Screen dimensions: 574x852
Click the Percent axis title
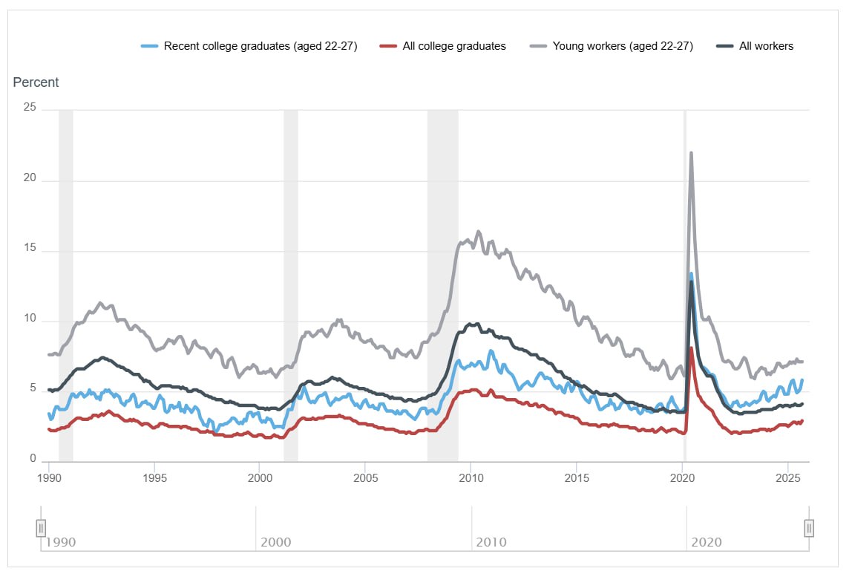click(x=36, y=82)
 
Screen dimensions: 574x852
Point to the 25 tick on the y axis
click(x=30, y=108)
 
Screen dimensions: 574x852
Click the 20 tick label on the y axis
click(x=30, y=180)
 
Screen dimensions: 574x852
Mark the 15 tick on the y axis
click(x=30, y=251)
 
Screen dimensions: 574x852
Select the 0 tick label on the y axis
click(x=33, y=460)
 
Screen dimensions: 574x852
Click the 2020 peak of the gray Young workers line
click(x=691, y=153)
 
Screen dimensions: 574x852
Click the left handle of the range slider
click(x=42, y=528)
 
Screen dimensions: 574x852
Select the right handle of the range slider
click(x=809, y=528)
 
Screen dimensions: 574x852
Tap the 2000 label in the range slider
click(x=275, y=542)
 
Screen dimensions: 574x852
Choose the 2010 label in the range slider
click(x=491, y=542)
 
